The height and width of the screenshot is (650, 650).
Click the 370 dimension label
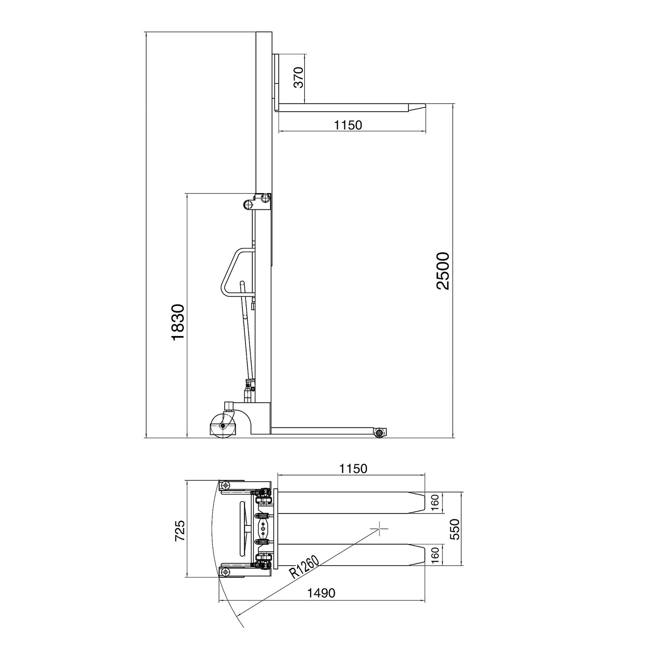pos(299,78)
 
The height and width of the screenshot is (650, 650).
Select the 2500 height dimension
pos(442,270)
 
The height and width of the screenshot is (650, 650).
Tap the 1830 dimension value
pos(177,322)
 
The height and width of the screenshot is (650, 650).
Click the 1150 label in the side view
pos(348,125)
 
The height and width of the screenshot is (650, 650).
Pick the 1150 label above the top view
pos(353,468)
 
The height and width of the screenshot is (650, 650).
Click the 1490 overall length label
pos(321,593)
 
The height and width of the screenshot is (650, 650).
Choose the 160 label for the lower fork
pos(435,555)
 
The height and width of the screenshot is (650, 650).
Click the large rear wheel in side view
pos(223,426)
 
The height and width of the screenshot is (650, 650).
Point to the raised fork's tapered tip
pos(417,107)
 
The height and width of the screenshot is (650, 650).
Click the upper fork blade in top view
pos(344,503)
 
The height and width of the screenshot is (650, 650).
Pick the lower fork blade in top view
pos(344,555)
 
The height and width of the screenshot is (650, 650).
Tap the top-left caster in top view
pos(226,485)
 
